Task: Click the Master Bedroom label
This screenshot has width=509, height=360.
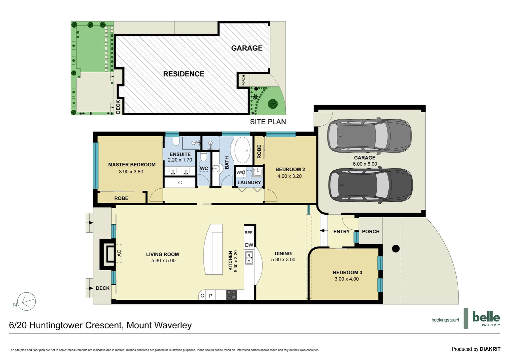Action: tap(132, 165)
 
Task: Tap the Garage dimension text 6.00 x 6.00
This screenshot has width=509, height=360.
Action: tap(365, 164)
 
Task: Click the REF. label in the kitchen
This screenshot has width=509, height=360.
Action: tap(249, 233)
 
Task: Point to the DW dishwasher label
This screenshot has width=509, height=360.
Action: tap(249, 245)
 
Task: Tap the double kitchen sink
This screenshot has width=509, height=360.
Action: tap(249, 258)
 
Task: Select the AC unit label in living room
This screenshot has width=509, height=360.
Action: tap(119, 253)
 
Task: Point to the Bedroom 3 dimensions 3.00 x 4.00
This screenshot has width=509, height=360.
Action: tap(346, 279)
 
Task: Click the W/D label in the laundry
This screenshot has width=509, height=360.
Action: tap(241, 172)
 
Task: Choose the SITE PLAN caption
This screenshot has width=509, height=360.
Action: tap(268, 122)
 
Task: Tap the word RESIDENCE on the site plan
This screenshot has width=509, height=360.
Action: tap(184, 74)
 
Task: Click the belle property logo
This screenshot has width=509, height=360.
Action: tap(486, 318)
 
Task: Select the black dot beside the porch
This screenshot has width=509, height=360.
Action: tap(396, 249)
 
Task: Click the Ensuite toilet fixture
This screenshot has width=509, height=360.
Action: tap(176, 141)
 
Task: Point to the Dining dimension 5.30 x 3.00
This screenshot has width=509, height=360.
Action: tap(283, 260)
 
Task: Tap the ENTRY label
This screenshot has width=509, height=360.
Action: tap(341, 232)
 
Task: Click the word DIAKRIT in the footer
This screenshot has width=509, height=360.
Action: tap(490, 349)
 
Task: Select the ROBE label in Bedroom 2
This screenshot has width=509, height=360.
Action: tap(259, 151)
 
